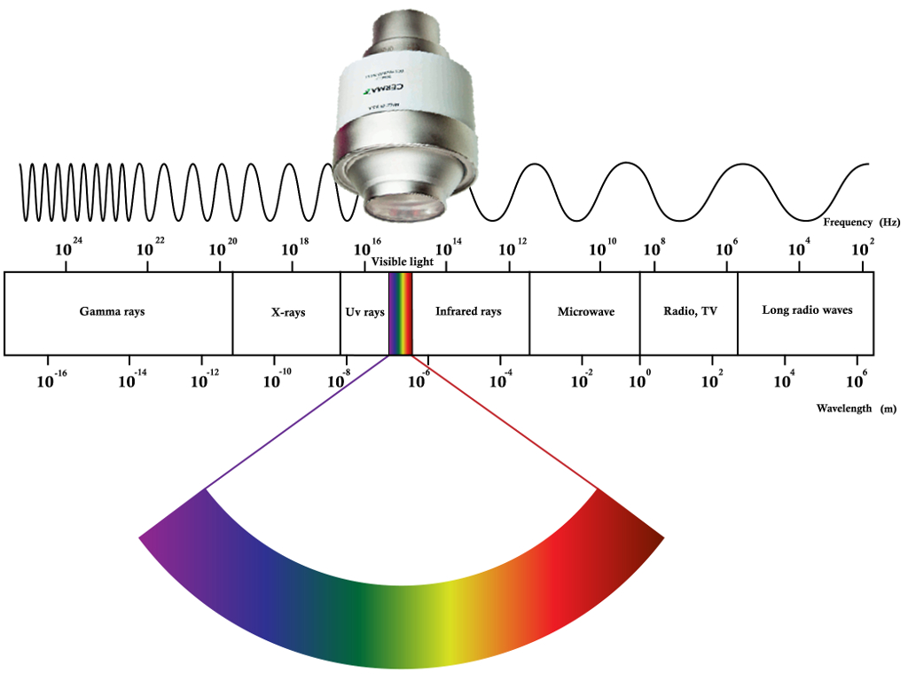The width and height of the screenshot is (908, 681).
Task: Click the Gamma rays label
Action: (112, 312)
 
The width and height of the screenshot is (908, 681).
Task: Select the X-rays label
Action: (287, 313)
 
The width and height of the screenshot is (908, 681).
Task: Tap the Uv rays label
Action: (364, 313)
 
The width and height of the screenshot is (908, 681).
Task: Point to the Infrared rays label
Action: (468, 312)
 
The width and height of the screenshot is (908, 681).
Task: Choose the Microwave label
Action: (585, 312)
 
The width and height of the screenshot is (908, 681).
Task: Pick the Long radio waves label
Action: (807, 311)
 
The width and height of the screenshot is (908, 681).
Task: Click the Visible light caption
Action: (402, 262)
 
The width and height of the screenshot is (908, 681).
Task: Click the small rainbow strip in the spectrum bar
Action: (401, 313)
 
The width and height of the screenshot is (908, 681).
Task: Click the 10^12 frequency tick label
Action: (513, 247)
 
